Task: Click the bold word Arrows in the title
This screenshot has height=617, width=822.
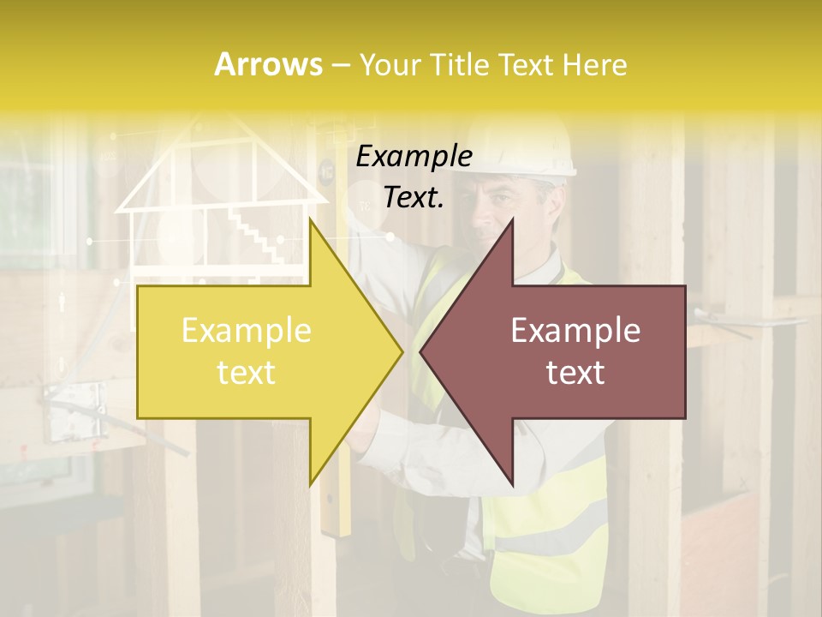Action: pos(269,64)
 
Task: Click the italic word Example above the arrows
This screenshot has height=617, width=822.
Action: pos(414,156)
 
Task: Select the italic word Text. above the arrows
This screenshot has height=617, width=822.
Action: pos(414,197)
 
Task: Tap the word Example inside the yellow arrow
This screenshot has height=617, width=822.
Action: pos(246,331)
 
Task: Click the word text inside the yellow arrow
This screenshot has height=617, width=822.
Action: pos(246,372)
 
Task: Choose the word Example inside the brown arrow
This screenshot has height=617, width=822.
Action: pos(575,331)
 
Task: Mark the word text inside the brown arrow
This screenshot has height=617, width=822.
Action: pos(575,372)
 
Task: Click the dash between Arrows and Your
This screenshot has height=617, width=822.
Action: pos(341,65)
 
